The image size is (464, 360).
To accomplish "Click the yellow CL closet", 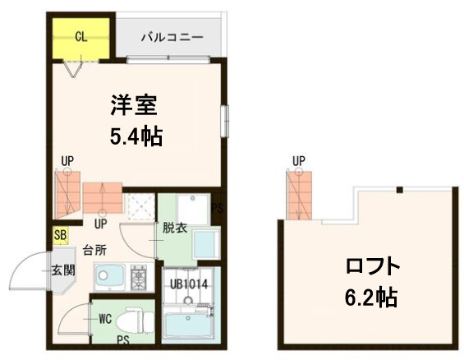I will point(80,38).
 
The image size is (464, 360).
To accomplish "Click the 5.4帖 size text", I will point(136,136).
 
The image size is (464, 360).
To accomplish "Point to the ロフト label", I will point(373,268).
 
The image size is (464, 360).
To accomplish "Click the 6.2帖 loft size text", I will point(373,297).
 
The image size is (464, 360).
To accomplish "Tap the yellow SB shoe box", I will point(60,236).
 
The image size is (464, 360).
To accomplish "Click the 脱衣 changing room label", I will point(174,228).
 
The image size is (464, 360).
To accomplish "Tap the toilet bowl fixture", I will point(131,321).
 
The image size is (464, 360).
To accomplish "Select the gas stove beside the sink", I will point(139,277).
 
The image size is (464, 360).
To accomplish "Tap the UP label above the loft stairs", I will point(298,160).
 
